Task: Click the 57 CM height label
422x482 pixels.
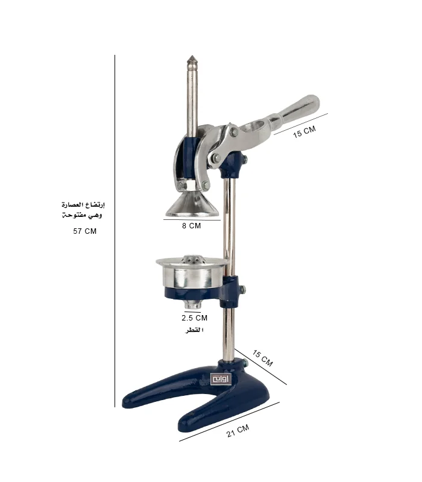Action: [x=84, y=231]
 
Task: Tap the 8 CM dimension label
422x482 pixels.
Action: [x=191, y=225]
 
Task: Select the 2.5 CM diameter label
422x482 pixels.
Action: [x=194, y=318]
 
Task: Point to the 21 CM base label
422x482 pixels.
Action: [x=238, y=431]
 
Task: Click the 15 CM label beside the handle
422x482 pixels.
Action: [x=304, y=131]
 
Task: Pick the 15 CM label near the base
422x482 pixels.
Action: [x=262, y=358]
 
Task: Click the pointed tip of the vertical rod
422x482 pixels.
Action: [x=192, y=57]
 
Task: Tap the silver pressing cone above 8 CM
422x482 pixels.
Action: [x=192, y=204]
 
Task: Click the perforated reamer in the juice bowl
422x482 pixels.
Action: [x=192, y=260]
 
